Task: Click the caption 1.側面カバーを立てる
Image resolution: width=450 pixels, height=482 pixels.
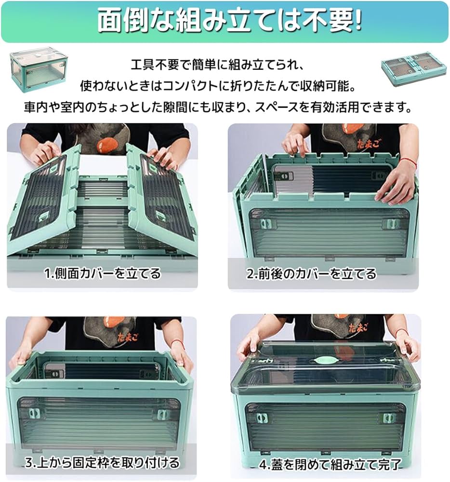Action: tap(103, 274)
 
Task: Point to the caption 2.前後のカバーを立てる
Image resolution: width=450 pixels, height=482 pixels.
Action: tap(311, 274)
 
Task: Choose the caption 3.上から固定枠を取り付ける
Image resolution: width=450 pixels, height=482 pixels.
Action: tap(102, 463)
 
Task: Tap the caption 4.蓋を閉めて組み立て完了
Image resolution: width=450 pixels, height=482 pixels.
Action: tap(330, 465)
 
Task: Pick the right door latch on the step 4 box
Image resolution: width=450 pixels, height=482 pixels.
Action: tap(388, 418)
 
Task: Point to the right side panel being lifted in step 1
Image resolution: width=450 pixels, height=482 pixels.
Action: tap(164, 198)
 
